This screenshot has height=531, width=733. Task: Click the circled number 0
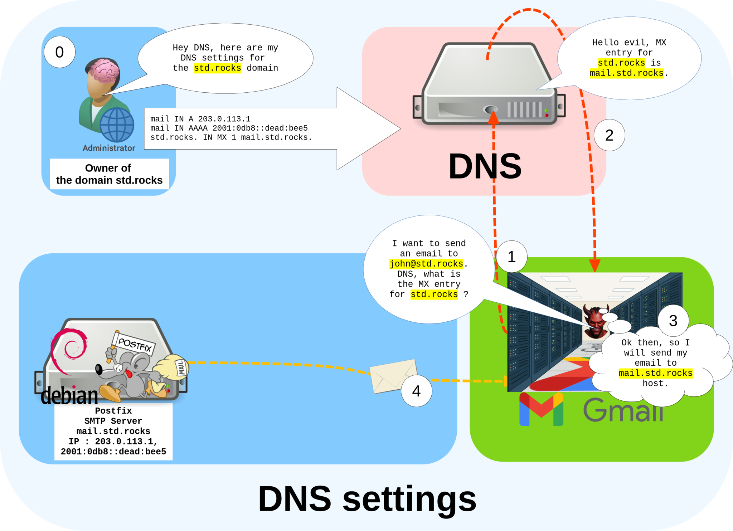pos(59,52)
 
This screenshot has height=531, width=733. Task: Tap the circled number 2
pos(609,135)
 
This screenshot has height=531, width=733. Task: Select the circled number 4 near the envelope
pos(416,391)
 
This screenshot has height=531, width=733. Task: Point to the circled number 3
pos(673,321)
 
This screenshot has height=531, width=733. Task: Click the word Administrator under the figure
pos(109,148)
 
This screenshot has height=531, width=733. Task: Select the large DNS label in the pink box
pos(485,166)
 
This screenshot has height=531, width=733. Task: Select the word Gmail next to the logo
pos(623,410)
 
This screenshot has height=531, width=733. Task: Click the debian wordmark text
pos(69,396)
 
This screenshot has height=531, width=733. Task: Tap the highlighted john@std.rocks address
pos(426,264)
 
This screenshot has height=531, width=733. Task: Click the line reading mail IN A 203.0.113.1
pos(200,119)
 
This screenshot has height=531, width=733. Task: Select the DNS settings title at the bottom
pos(367,499)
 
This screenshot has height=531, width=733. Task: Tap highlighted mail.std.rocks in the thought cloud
pos(655,373)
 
